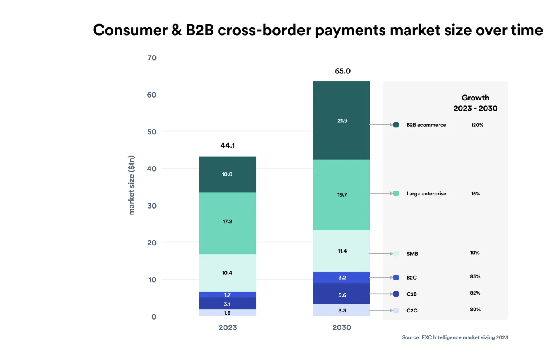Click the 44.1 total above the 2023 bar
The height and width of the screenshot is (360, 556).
point(228,146)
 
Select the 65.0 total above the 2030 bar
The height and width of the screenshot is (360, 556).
point(343,71)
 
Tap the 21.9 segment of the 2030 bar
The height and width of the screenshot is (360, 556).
point(342,121)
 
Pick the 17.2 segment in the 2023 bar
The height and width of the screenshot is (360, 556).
point(227,222)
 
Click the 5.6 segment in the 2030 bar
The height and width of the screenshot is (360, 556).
point(342,295)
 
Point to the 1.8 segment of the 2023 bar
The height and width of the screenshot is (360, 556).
point(227,313)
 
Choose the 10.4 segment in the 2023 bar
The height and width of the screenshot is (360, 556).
point(227,273)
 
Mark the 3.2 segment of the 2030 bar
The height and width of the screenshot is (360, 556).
point(342,278)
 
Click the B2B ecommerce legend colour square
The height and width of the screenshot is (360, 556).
point(396,125)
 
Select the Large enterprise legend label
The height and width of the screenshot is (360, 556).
point(426,194)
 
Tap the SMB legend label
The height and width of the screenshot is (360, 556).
point(412,254)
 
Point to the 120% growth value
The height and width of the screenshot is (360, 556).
point(477,125)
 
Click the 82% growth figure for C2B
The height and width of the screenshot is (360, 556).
point(475,293)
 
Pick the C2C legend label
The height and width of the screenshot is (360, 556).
point(412,311)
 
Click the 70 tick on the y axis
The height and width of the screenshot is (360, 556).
point(152,58)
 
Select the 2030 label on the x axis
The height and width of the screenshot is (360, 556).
point(341,327)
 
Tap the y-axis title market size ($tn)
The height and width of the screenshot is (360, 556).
point(132,185)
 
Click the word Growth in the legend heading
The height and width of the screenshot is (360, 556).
point(475,98)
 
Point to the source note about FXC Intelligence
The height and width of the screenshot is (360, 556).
point(455,337)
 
